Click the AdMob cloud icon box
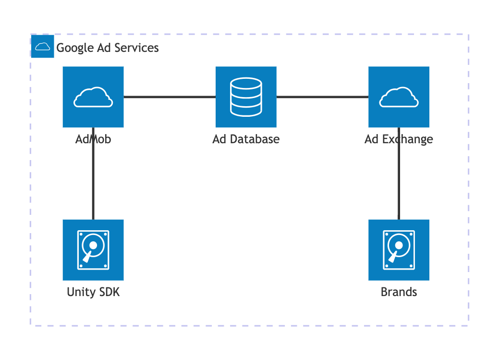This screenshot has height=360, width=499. (x=93, y=97)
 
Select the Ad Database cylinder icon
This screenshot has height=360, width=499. (x=246, y=97)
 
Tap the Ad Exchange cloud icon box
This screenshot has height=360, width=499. (x=399, y=97)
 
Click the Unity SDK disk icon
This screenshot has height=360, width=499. (x=93, y=250)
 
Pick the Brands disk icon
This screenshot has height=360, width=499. (x=399, y=250)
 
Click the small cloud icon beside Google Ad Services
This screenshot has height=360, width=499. (x=43, y=47)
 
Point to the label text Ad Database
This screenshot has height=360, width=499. (x=246, y=139)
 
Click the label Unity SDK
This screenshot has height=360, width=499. (x=93, y=292)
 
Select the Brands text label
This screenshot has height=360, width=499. (x=399, y=292)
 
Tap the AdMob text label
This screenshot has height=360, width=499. (x=93, y=139)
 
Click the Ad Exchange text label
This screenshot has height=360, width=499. (x=399, y=139)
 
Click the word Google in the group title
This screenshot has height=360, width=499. (x=75, y=48)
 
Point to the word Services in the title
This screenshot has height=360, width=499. (x=136, y=48)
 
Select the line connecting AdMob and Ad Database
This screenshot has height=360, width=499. (x=170, y=97)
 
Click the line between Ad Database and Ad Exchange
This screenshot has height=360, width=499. (x=322, y=97)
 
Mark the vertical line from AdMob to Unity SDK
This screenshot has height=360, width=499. (x=93, y=174)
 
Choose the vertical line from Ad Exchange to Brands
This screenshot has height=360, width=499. (x=399, y=174)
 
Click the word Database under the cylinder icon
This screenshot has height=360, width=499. (x=255, y=139)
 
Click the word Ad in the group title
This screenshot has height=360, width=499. (x=104, y=48)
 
